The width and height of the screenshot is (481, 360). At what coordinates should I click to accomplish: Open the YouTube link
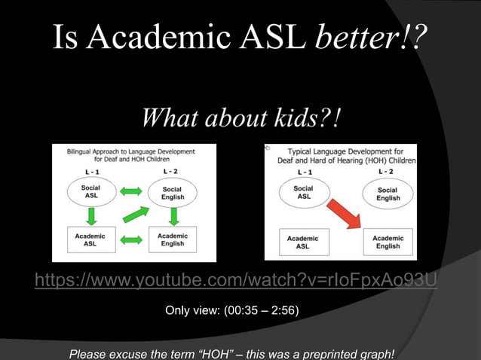[x=235, y=282]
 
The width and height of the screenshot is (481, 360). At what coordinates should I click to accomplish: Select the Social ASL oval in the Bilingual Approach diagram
[x=90, y=193]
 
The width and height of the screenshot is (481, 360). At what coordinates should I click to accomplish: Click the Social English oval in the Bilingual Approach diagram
[x=172, y=193]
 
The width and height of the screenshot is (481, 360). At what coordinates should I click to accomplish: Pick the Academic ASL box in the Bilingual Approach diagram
[x=89, y=239]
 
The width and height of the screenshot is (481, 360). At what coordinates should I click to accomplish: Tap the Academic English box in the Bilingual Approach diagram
[x=172, y=239]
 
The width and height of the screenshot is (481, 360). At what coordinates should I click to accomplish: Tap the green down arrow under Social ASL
[x=91, y=216]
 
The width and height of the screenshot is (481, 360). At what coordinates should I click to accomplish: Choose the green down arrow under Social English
[x=173, y=216]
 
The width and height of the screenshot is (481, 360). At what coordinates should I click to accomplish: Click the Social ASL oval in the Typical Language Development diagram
[x=303, y=192]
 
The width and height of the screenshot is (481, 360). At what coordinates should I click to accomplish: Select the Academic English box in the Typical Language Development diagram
[x=388, y=243]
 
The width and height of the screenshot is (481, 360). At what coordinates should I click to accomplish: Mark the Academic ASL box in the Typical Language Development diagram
[x=302, y=243]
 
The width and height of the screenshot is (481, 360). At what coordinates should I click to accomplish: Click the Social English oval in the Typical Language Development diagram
[x=388, y=194]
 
